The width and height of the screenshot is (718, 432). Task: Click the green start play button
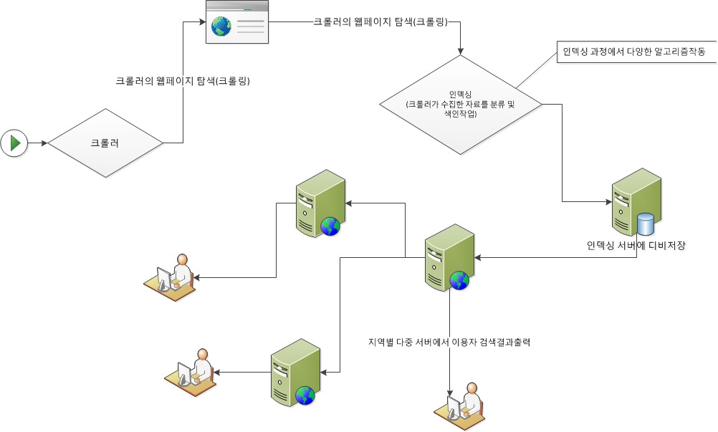(14, 143)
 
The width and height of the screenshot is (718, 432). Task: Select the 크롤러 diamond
(105, 143)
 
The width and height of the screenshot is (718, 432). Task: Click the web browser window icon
(238, 22)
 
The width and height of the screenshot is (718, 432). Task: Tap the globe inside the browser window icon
(221, 27)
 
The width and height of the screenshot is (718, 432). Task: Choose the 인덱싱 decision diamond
(460, 105)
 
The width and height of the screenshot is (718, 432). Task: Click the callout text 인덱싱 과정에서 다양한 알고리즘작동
(633, 52)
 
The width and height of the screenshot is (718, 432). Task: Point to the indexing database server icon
(636, 202)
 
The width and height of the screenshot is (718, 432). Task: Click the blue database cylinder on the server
(646, 224)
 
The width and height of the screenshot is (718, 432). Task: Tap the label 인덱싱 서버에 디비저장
(636, 246)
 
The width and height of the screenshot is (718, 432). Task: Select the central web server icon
(449, 257)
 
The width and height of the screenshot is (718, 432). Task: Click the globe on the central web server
(459, 280)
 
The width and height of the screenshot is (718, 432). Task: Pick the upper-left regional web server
(320, 203)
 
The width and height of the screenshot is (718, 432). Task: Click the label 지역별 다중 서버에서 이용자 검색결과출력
(449, 342)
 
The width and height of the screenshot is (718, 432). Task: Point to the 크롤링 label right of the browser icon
(380, 22)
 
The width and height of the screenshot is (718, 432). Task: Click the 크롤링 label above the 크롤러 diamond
(183, 81)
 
